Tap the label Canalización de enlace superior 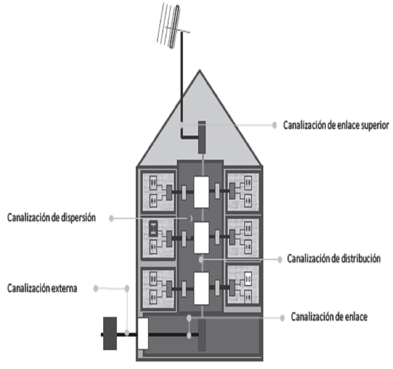click(336, 125)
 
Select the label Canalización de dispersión click(51, 218)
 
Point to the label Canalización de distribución click(334, 259)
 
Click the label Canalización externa click(42, 288)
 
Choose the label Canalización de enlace click(329, 317)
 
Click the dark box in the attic click(202, 137)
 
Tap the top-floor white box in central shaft click(201, 192)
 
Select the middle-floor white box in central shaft click(201, 238)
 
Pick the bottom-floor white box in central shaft click(201, 288)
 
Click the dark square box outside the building click(110, 334)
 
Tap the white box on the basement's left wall click(143, 334)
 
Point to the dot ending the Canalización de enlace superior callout click(275, 125)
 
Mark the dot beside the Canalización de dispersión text click(112, 218)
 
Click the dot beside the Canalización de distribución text click(280, 259)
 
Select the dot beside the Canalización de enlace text click(282, 318)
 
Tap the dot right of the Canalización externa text click(96, 288)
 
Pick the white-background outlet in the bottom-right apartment click(248, 279)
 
